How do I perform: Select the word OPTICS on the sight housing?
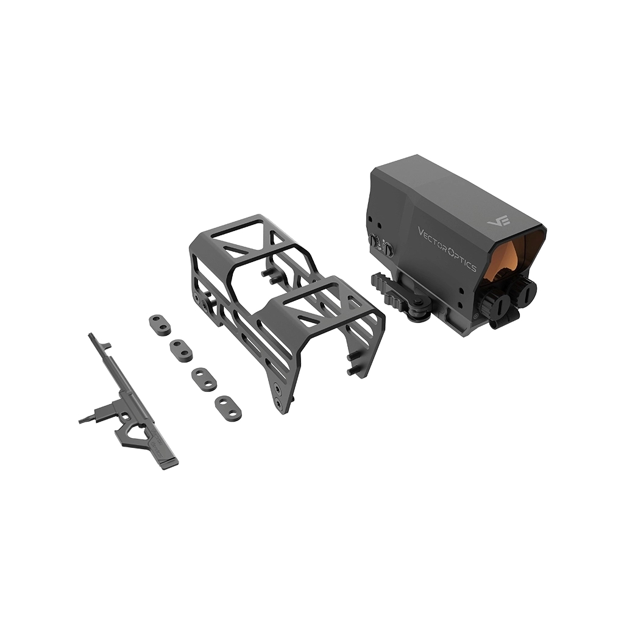click(x=464, y=254)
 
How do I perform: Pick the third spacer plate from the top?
click(x=204, y=378)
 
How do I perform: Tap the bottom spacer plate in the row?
click(x=227, y=406)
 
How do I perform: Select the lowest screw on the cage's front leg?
click(x=278, y=403)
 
